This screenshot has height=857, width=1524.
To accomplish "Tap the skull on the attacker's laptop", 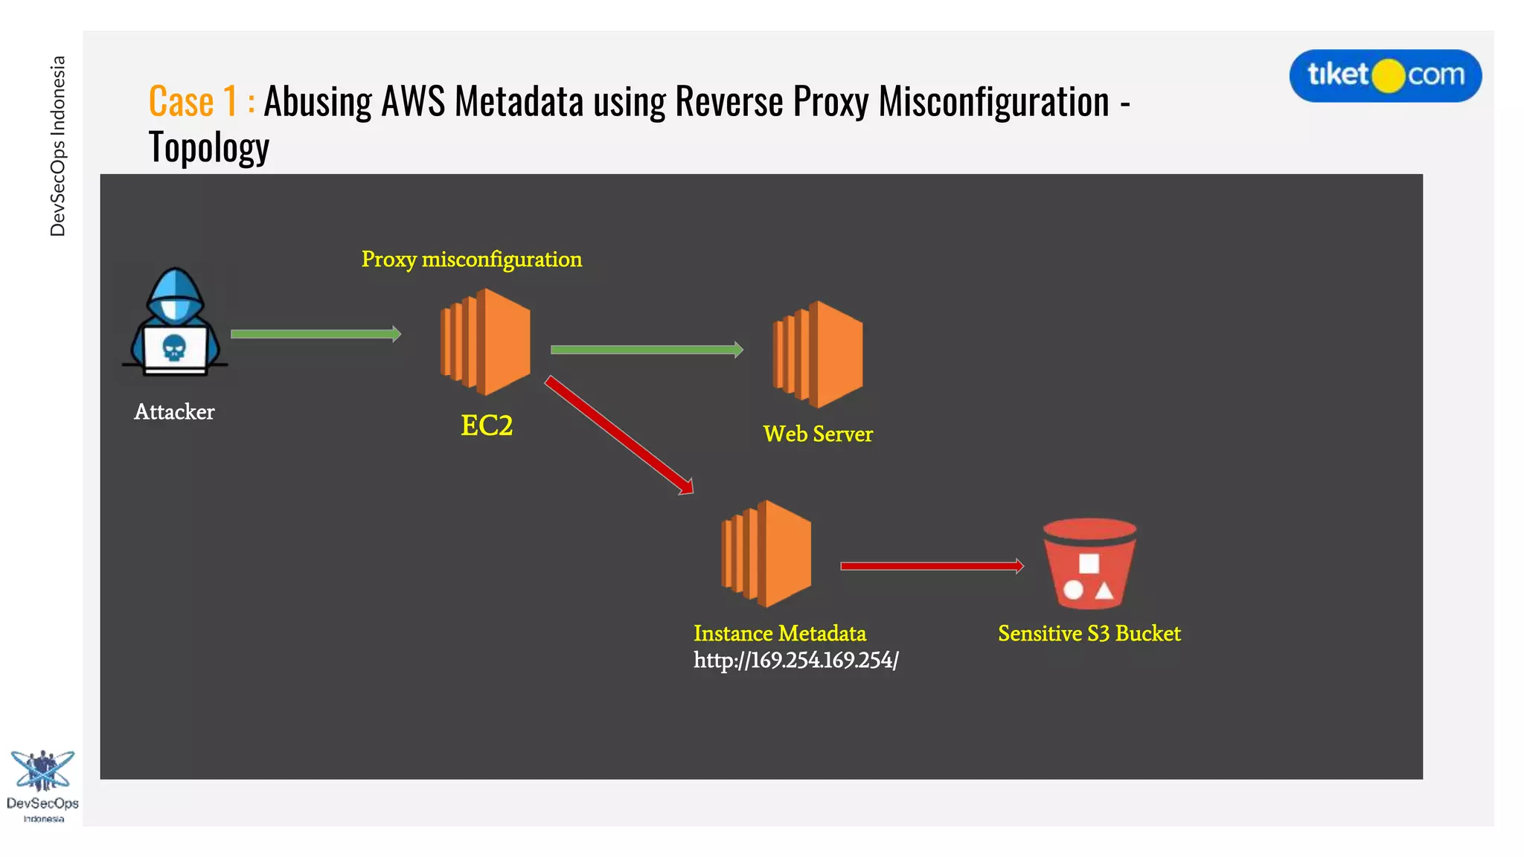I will tap(174, 347).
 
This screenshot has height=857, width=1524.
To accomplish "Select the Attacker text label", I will tap(174, 411).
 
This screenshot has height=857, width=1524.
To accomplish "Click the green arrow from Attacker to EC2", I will tap(316, 334).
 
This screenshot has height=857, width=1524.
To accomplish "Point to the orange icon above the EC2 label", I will tap(485, 341).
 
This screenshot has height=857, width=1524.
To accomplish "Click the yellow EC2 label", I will tap(487, 426).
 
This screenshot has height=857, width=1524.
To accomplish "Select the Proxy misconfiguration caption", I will tap(472, 259).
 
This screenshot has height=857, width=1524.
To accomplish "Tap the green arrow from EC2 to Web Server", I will tap(646, 350).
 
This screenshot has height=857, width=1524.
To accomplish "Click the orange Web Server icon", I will tap(818, 354).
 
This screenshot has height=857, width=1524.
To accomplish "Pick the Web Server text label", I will tap(818, 434).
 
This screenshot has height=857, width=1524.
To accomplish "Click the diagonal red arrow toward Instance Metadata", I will tap(619, 434).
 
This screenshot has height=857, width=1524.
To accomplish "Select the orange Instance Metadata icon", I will tap(766, 553).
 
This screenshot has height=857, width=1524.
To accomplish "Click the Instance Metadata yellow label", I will tap(780, 633).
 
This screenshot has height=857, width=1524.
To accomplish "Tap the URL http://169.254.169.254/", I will tap(795, 660).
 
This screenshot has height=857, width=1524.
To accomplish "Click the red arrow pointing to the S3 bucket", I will tap(931, 566).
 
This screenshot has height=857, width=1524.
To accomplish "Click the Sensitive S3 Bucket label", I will tap(1089, 633).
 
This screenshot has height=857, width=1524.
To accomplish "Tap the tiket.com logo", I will tap(1385, 75).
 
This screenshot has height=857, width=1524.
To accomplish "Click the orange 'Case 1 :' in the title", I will tap(202, 101).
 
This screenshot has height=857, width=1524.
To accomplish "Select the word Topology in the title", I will tap(209, 147).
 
